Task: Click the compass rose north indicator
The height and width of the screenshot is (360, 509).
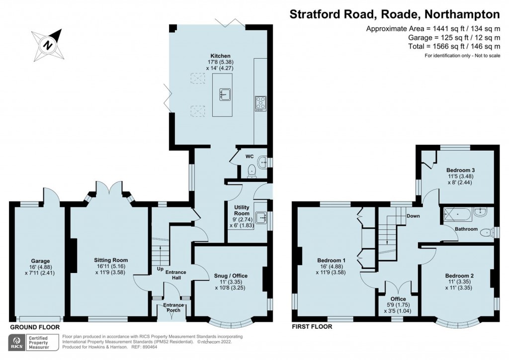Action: [49, 44]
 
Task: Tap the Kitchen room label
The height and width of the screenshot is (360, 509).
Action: [220, 55]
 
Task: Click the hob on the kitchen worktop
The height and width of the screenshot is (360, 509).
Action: [260, 103]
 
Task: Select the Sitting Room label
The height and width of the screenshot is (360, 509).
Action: [111, 260]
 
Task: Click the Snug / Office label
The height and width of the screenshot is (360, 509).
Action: [230, 275]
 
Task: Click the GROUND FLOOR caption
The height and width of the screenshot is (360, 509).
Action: [35, 327]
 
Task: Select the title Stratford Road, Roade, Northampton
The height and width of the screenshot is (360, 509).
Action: [395, 13]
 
